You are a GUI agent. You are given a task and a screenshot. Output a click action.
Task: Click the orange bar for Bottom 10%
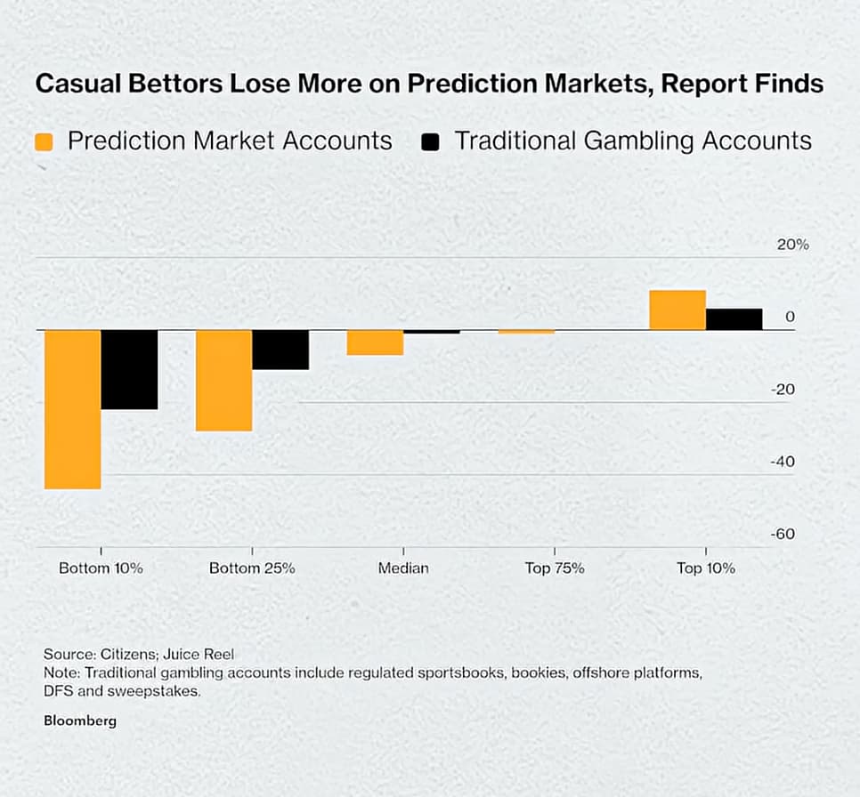(x=72, y=409)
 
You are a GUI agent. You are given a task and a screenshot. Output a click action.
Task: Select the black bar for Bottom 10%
(x=129, y=369)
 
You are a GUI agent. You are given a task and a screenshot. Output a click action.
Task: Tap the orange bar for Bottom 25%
(x=223, y=380)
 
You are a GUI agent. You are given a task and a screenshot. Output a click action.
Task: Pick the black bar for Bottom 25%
(x=280, y=350)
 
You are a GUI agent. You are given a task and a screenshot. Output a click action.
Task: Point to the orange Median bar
(x=375, y=342)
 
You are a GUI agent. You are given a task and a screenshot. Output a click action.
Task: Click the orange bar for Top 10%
(x=677, y=310)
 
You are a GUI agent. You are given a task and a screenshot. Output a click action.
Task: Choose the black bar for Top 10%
(x=734, y=319)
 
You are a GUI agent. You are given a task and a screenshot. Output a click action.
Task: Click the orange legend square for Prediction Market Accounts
(x=44, y=141)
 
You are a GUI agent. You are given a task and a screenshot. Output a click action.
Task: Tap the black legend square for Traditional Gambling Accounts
(x=431, y=141)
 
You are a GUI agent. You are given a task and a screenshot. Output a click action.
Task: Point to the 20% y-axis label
(x=792, y=245)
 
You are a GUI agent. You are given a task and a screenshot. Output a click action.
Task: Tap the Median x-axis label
(x=403, y=568)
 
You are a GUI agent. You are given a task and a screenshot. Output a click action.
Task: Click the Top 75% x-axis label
(x=555, y=568)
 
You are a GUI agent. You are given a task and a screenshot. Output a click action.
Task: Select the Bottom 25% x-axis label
(x=252, y=568)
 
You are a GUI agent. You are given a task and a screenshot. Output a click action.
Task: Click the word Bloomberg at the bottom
(x=80, y=721)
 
